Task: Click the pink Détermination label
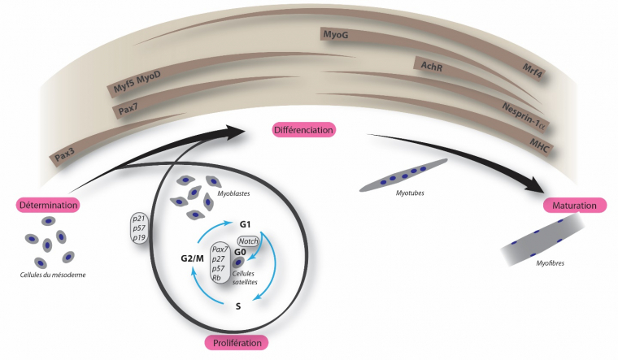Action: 46,204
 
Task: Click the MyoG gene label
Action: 335,34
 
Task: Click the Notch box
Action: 248,241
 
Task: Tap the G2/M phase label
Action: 193,258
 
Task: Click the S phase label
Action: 238,307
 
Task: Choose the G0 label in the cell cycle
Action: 240,252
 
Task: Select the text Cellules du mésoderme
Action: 53,274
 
